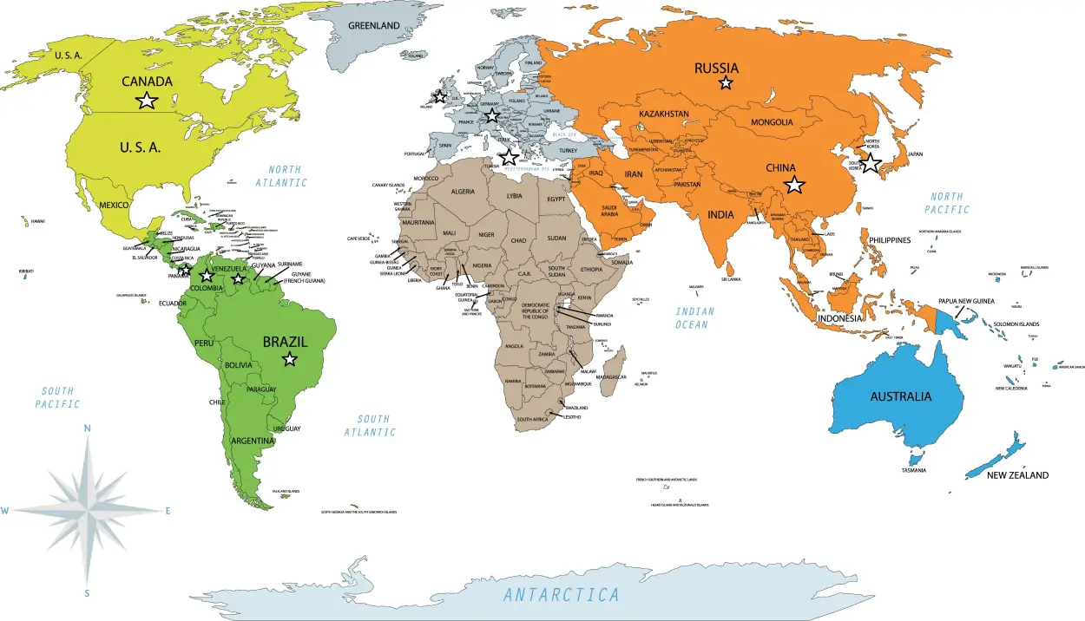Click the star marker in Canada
(147, 101)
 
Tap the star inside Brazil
(290, 359)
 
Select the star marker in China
(794, 184)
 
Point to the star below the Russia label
(726, 83)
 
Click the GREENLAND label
(373, 25)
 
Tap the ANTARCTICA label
(562, 595)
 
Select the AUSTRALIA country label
(901, 396)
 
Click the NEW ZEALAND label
(1017, 475)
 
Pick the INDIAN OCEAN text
(694, 318)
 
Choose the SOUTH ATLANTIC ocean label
(372, 425)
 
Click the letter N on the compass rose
(87, 428)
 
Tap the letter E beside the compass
(168, 511)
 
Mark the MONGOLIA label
(772, 122)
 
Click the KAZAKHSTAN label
(664, 114)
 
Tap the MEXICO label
(114, 205)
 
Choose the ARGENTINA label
(253, 441)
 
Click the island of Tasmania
(913, 458)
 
